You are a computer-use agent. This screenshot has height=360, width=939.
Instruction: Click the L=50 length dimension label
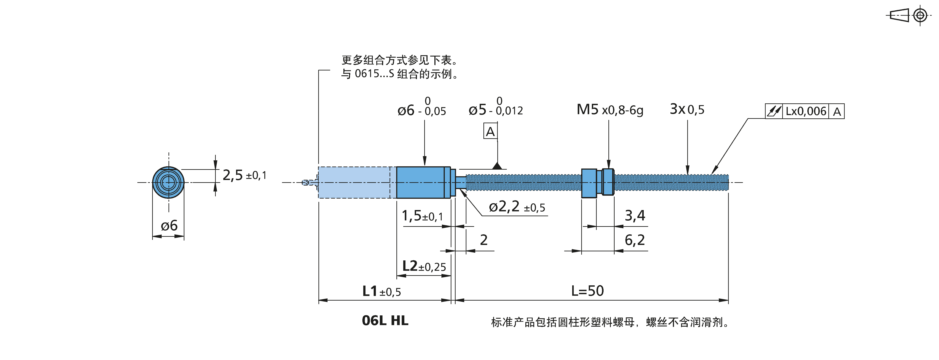click(587, 291)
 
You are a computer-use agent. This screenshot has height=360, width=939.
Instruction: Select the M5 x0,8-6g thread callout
click(610, 109)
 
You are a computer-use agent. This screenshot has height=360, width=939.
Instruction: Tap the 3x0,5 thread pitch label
click(687, 109)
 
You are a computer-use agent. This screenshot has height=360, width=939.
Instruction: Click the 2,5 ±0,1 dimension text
click(244, 175)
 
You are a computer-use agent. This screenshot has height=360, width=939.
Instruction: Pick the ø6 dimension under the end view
click(169, 225)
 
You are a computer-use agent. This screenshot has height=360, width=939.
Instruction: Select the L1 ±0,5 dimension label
click(381, 291)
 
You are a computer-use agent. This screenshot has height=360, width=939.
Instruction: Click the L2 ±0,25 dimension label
click(424, 266)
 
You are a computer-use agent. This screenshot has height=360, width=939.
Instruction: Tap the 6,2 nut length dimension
click(635, 240)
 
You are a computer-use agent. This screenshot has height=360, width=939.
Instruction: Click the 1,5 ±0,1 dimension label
click(422, 216)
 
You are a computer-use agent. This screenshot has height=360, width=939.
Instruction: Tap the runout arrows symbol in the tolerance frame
click(774, 111)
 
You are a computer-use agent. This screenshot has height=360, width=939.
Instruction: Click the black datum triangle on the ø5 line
click(497, 166)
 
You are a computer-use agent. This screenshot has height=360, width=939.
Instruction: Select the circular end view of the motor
click(168, 182)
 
